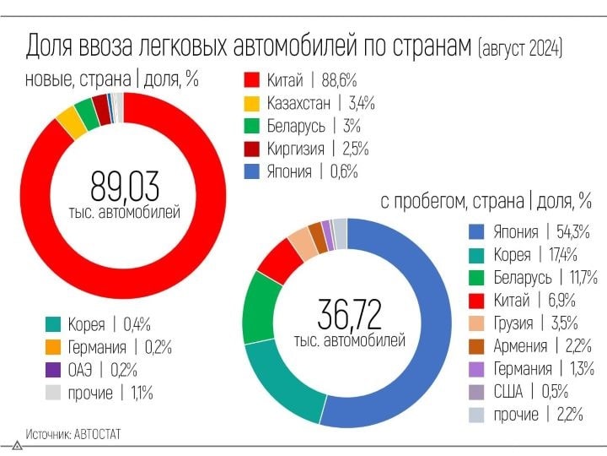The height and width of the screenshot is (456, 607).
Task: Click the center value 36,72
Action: (x=349, y=314)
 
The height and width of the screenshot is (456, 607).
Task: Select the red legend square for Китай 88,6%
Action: (x=251, y=81)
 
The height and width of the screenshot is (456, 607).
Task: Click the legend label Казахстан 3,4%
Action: (x=320, y=104)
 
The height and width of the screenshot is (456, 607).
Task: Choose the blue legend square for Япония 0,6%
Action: (x=251, y=171)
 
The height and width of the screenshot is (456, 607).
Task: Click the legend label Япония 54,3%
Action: (x=540, y=232)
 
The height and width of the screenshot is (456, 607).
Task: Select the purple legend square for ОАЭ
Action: (x=53, y=370)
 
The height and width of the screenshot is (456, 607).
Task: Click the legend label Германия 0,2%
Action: (x=118, y=347)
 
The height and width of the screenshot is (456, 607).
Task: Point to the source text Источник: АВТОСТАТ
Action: (x=73, y=434)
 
